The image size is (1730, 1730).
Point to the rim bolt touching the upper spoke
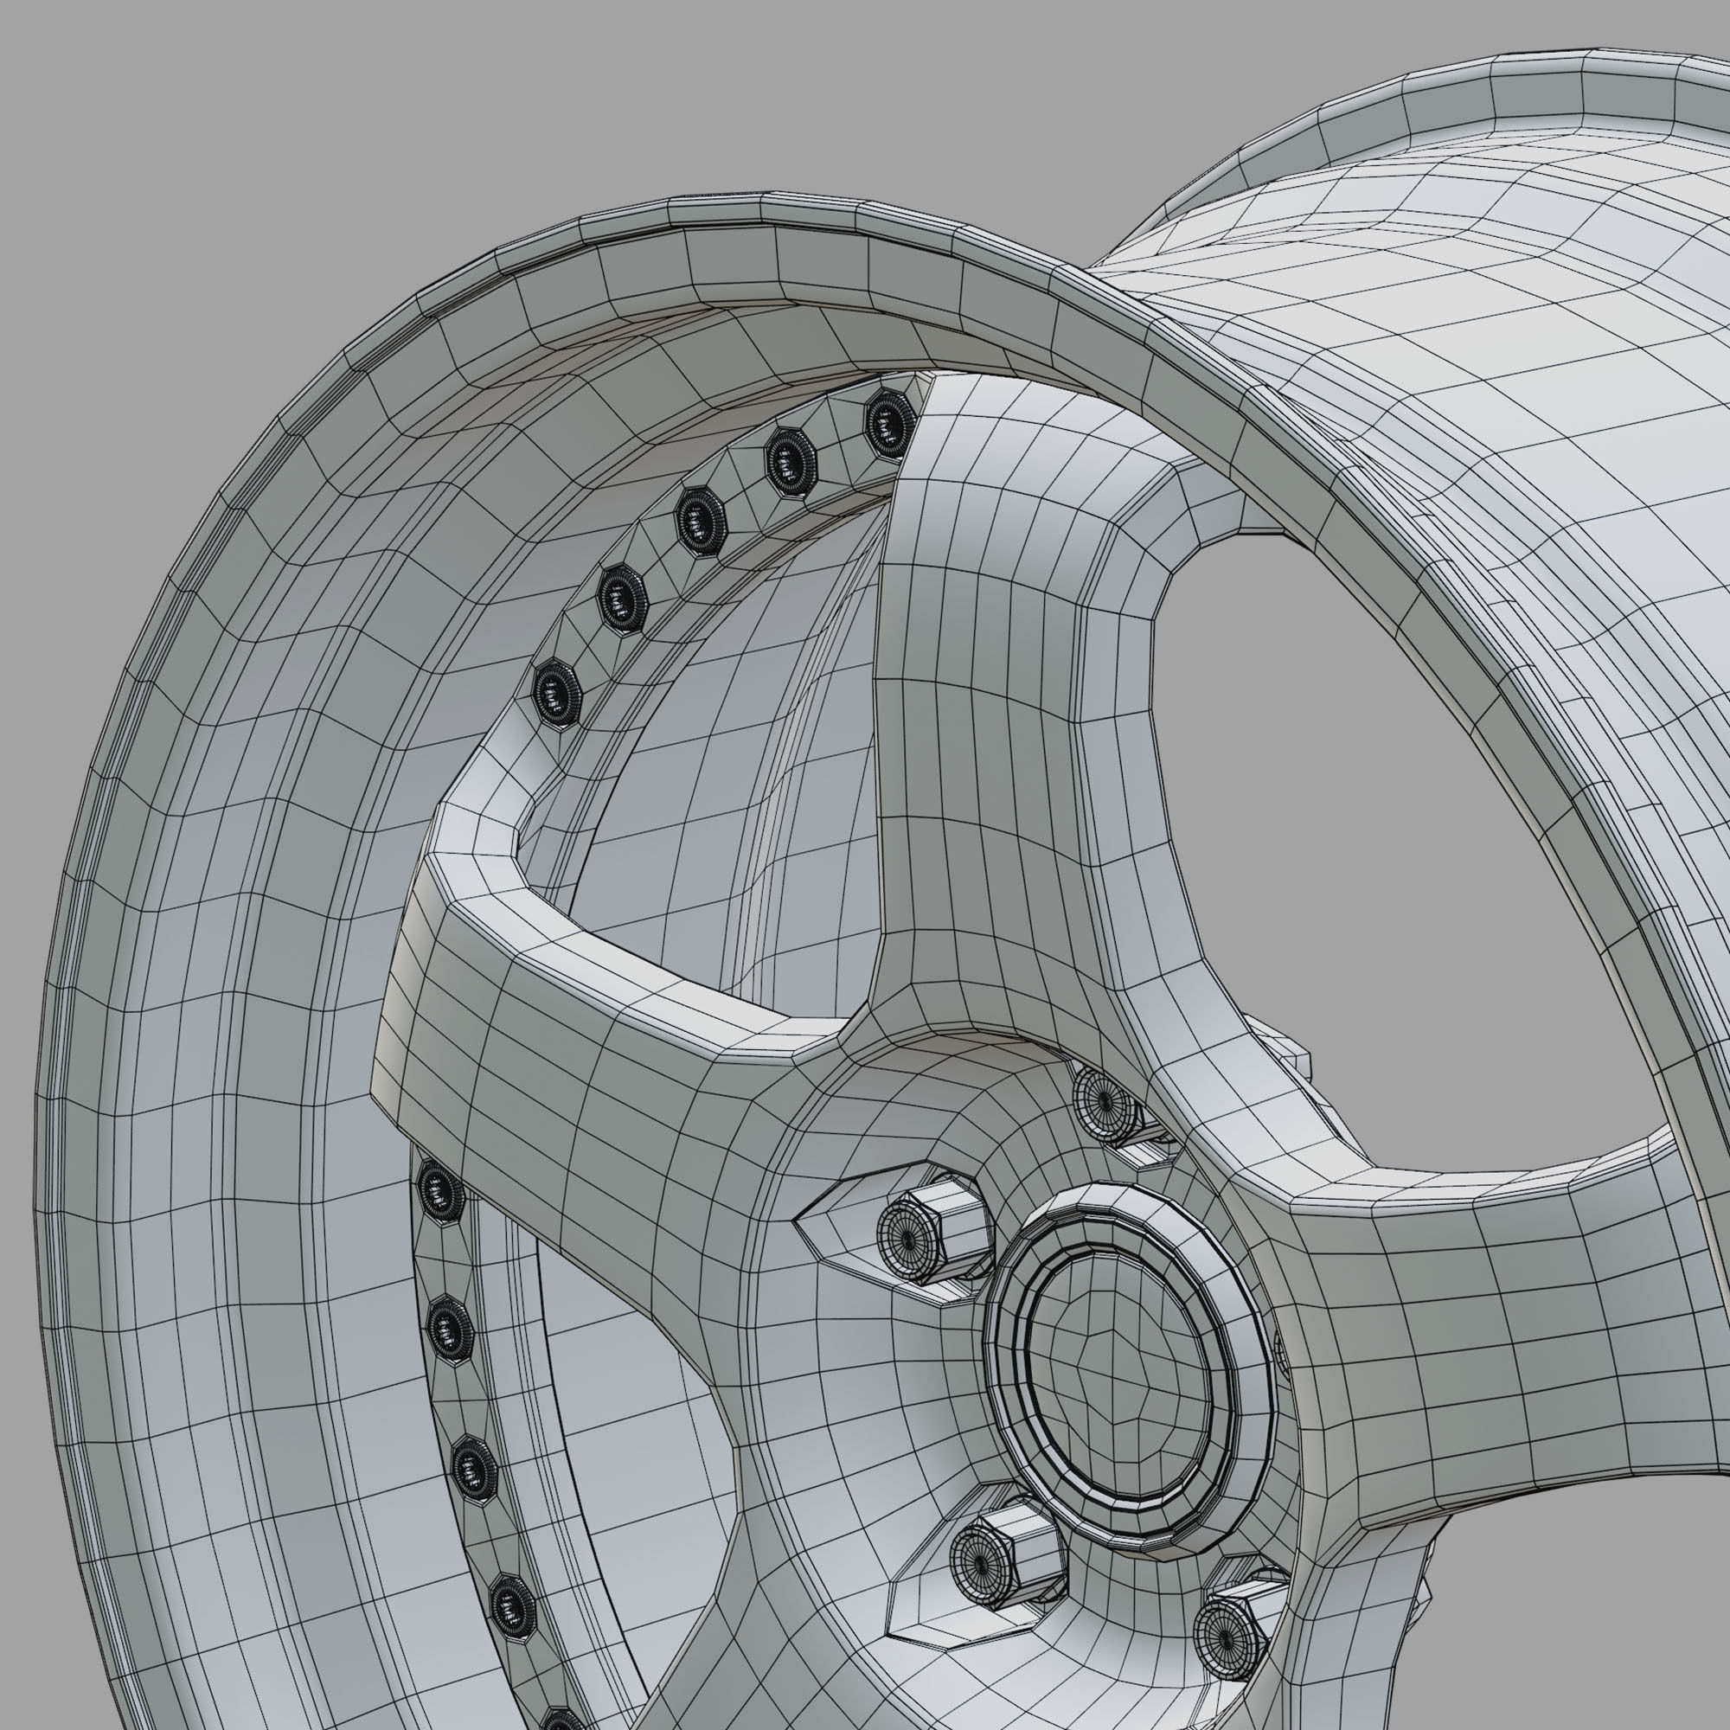tap(890, 418)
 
